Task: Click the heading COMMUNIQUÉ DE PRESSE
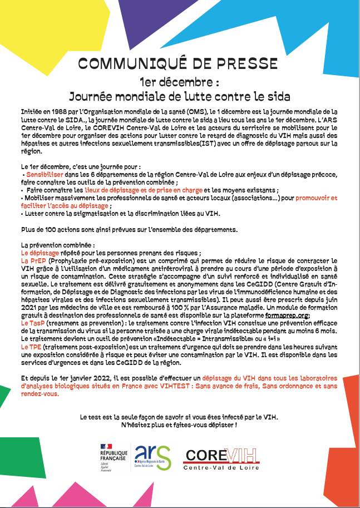pos(178,63)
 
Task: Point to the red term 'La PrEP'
pos(33,260)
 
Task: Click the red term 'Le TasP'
pos(33,322)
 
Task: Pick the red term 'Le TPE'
pos(32,346)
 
